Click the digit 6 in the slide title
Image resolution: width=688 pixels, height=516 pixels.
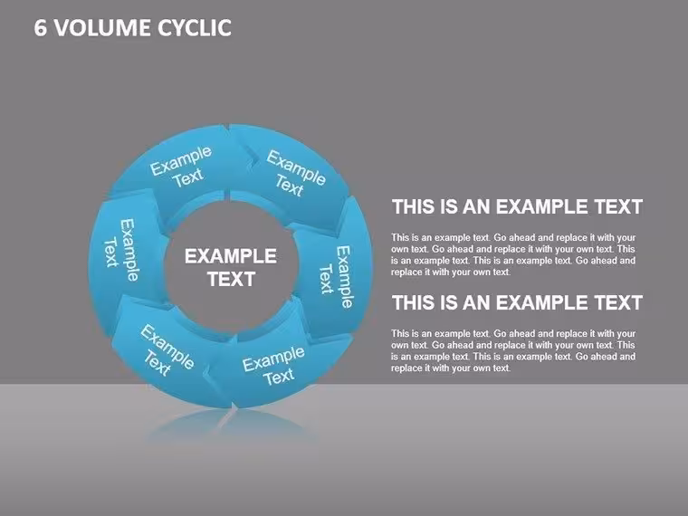click(40, 28)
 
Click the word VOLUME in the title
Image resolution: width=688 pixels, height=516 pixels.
click(102, 28)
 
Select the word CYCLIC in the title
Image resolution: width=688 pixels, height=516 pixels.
click(195, 28)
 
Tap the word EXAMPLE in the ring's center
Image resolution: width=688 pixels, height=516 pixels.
click(230, 256)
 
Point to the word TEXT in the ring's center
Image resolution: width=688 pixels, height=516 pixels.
click(231, 280)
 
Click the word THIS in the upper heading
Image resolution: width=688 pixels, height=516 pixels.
click(414, 206)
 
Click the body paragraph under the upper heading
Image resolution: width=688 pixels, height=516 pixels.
click(513, 255)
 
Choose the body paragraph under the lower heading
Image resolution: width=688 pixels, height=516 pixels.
click(513, 351)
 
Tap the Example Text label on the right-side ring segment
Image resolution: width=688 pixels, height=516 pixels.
click(336, 277)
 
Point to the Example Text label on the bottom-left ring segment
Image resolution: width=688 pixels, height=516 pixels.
click(166, 351)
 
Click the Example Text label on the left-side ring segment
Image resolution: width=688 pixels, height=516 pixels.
click(120, 251)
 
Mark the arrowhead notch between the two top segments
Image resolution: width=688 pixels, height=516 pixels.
click(253, 158)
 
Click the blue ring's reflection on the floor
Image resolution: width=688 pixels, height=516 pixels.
click(230, 425)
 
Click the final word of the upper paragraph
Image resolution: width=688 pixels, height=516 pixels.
click(502, 272)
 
